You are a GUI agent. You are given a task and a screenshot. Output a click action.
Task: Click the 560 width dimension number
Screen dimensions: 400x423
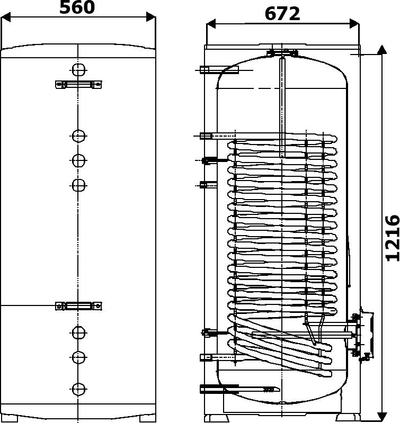(x=77, y=7)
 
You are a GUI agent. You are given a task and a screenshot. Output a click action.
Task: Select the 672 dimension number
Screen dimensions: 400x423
(x=282, y=14)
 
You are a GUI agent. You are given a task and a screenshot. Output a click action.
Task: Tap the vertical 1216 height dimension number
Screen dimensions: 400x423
(x=393, y=238)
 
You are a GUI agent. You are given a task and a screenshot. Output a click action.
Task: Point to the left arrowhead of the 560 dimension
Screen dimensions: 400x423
(x=6, y=17)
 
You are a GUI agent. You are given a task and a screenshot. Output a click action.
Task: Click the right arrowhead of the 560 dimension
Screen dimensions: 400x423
(x=150, y=17)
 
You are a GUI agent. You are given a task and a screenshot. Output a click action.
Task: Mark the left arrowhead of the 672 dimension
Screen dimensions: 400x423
(x=211, y=23)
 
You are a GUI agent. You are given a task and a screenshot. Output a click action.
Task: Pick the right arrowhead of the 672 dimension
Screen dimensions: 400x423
(x=354, y=23)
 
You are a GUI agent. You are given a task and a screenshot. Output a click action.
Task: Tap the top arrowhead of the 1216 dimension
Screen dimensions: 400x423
(x=381, y=50)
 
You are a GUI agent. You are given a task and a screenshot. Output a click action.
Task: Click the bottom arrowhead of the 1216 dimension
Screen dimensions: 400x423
(x=381, y=417)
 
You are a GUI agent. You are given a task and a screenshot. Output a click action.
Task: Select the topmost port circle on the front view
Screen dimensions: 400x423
(x=78, y=70)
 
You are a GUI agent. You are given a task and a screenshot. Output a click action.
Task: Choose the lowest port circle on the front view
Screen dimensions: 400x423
(x=78, y=389)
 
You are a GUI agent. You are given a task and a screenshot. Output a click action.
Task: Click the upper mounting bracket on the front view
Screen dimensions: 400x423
(x=78, y=84)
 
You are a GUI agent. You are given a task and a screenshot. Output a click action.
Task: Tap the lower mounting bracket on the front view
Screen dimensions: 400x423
(x=78, y=306)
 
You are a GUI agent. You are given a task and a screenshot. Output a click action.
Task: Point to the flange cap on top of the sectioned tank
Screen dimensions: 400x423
(x=282, y=53)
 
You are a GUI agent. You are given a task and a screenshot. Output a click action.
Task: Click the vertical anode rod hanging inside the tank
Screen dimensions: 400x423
(x=282, y=106)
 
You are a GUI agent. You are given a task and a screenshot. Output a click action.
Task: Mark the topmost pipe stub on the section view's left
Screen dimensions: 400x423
(x=219, y=70)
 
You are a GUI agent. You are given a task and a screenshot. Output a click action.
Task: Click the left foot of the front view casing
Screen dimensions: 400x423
(x=10, y=418)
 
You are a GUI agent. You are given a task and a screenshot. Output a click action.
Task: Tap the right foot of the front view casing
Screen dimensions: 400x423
(x=147, y=418)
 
